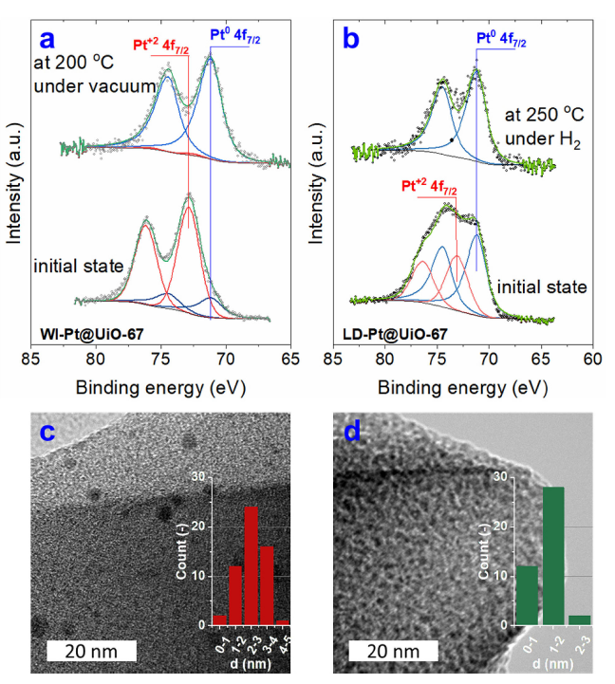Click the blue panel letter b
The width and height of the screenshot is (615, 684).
[350, 40]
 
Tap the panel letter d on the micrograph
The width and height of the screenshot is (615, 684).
[352, 434]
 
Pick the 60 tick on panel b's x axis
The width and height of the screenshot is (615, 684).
[592, 360]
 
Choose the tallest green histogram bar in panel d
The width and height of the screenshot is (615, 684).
[553, 556]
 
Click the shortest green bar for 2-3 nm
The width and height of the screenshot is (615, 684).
[579, 619]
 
